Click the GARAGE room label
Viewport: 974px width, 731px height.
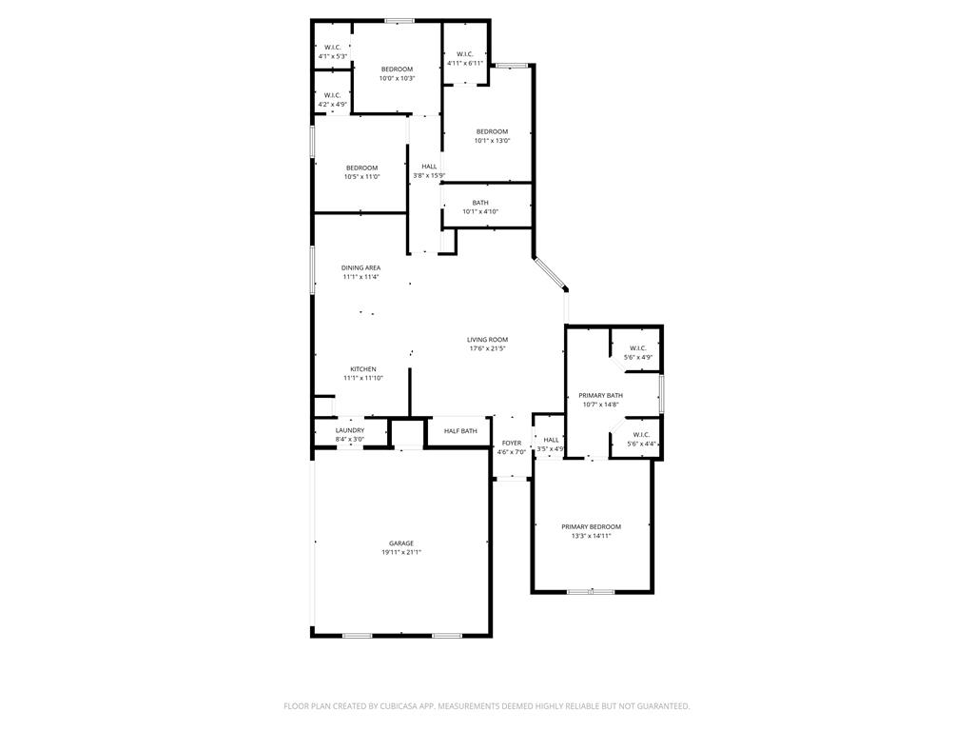tap(401, 543)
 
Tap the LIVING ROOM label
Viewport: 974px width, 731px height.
tap(488, 340)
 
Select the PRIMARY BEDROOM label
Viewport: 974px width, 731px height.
tap(592, 526)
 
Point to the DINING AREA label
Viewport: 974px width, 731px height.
tap(360, 267)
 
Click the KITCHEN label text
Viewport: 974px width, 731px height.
tap(363, 369)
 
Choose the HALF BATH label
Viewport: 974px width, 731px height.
tap(461, 431)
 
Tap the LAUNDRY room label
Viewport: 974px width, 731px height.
tap(350, 430)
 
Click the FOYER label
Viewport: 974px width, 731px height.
tap(512, 444)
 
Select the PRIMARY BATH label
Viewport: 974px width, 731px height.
tap(601, 395)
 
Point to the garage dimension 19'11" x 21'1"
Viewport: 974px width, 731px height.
tap(402, 553)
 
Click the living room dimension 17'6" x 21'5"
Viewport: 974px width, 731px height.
tap(488, 348)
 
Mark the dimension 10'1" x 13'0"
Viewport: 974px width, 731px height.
tap(492, 141)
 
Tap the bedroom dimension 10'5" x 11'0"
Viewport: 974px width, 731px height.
tap(362, 177)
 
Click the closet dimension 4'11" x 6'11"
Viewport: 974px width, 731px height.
tap(465, 63)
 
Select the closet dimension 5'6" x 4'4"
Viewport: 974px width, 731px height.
tap(640, 444)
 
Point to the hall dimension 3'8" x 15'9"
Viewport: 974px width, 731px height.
tap(429, 176)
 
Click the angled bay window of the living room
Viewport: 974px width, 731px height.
tap(551, 274)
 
